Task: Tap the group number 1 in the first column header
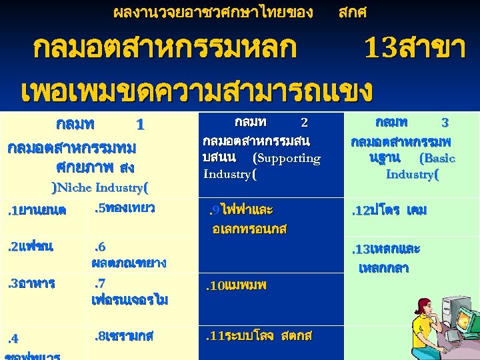pos(139,125)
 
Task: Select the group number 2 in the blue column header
pos(304,123)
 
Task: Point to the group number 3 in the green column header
pos(445,123)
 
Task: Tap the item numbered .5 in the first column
pos(123,208)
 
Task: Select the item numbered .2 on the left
pos(30,247)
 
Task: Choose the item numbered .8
pos(123,335)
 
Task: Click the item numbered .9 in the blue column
pos(243,219)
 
